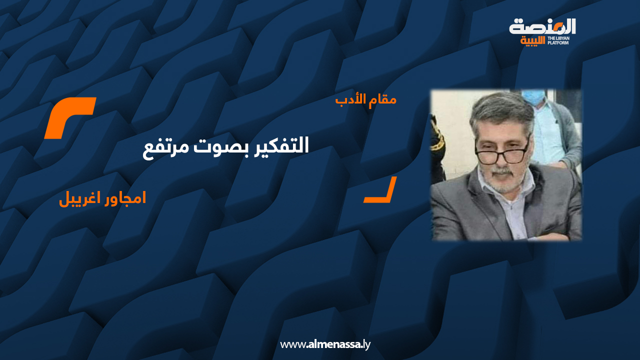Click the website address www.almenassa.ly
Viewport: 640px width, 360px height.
pos(325,344)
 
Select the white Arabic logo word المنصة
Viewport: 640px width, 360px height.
pos(542,26)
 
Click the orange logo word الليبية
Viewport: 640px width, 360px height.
pos(532,41)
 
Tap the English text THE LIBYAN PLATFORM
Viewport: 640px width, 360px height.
pos(558,40)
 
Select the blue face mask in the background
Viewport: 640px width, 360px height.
pos(533,97)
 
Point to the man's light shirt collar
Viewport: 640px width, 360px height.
pos(485,183)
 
